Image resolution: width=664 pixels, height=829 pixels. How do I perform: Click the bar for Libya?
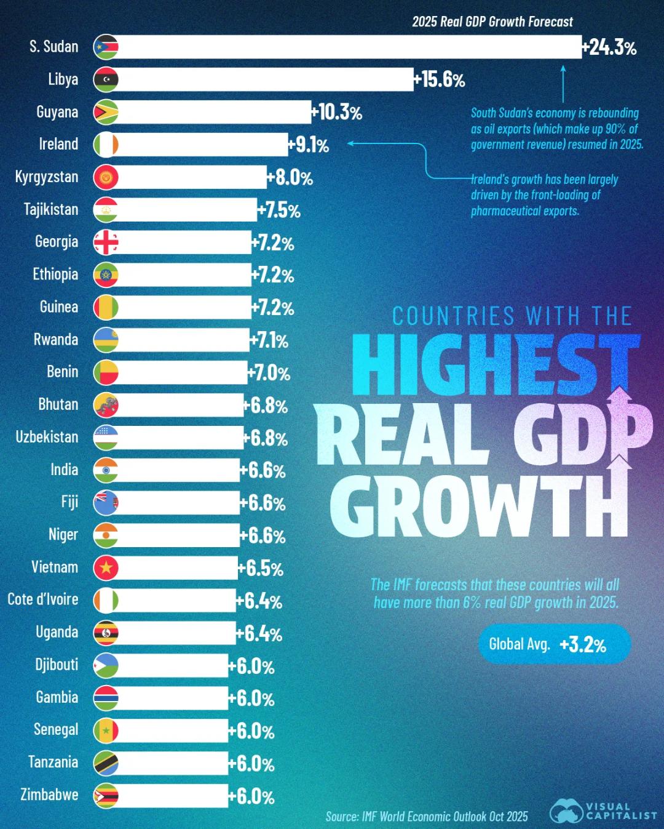(264, 79)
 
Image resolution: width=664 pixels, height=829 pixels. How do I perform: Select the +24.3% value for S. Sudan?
(610, 47)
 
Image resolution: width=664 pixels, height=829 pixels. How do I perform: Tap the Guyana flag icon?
(106, 112)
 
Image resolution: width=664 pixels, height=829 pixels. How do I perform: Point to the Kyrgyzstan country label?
(47, 177)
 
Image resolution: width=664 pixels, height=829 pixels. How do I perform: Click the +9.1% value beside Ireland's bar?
(309, 145)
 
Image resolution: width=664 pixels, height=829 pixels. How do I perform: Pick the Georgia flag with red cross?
(106, 242)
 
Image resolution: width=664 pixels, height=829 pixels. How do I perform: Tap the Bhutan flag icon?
(106, 405)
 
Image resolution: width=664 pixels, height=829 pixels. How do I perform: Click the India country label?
(64, 470)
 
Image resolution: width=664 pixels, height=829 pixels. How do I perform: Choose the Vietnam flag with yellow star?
(106, 567)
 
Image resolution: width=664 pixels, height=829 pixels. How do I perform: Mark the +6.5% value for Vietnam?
(261, 568)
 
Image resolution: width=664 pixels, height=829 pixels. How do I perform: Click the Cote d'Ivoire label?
(43, 599)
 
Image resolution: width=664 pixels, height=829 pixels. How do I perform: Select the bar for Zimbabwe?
(172, 796)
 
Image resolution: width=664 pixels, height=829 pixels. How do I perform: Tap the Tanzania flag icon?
(106, 763)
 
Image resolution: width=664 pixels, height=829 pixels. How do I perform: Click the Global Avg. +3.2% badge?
(554, 644)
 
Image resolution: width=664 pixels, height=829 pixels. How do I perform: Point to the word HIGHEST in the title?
(496, 364)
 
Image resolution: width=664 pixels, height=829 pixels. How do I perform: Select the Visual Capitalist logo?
(603, 811)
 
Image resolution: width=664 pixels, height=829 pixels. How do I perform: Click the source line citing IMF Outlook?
(427, 817)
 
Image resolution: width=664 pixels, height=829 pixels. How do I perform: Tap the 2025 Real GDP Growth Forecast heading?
(492, 22)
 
